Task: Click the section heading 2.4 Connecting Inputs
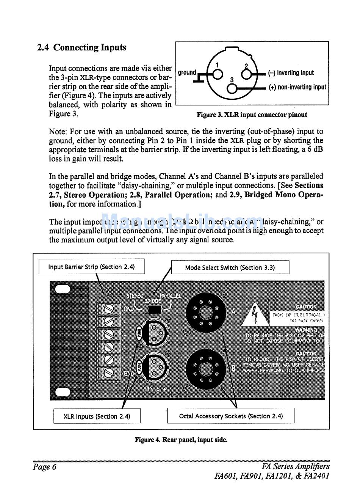[81, 48]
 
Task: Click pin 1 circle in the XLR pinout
[217, 74]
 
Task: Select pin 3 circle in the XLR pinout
[232, 88]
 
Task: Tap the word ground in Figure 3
[187, 72]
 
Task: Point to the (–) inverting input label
[291, 73]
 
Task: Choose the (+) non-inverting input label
[297, 87]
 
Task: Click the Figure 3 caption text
[252, 115]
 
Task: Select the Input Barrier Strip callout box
[91, 267]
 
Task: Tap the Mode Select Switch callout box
[230, 267]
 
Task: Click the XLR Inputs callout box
[97, 416]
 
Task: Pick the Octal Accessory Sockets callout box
[231, 416]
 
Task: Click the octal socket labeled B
[205, 369]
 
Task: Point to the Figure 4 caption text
[181, 440]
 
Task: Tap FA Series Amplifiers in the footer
[295, 467]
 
